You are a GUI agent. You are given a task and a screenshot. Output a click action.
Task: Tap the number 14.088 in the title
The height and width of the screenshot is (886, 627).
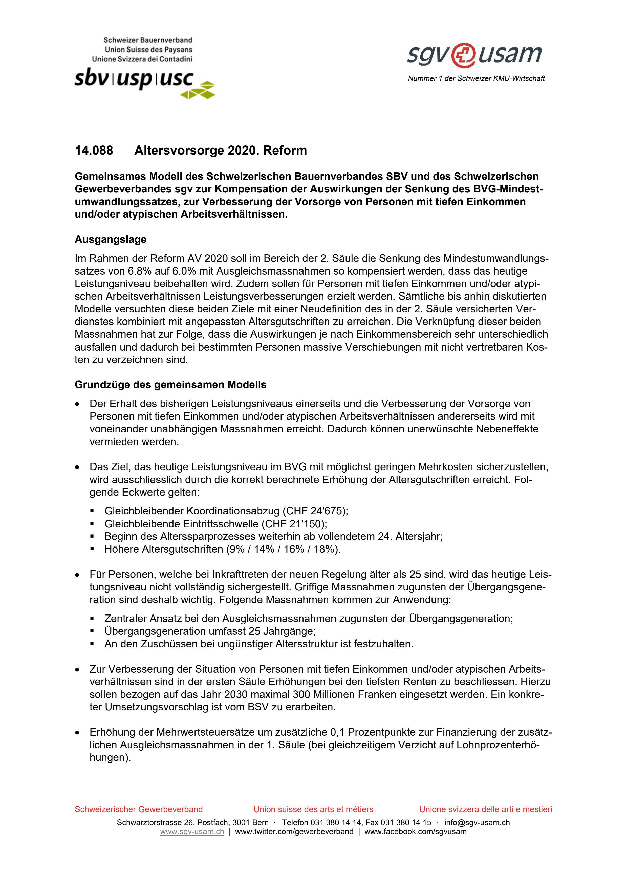[94, 151]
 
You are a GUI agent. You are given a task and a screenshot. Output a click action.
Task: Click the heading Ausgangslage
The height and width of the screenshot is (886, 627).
[111, 240]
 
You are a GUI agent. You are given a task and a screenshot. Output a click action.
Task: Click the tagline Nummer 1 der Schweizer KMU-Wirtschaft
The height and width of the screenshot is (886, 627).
[476, 78]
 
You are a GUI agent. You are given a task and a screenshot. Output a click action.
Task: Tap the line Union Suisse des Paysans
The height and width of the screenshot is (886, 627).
[148, 50]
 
